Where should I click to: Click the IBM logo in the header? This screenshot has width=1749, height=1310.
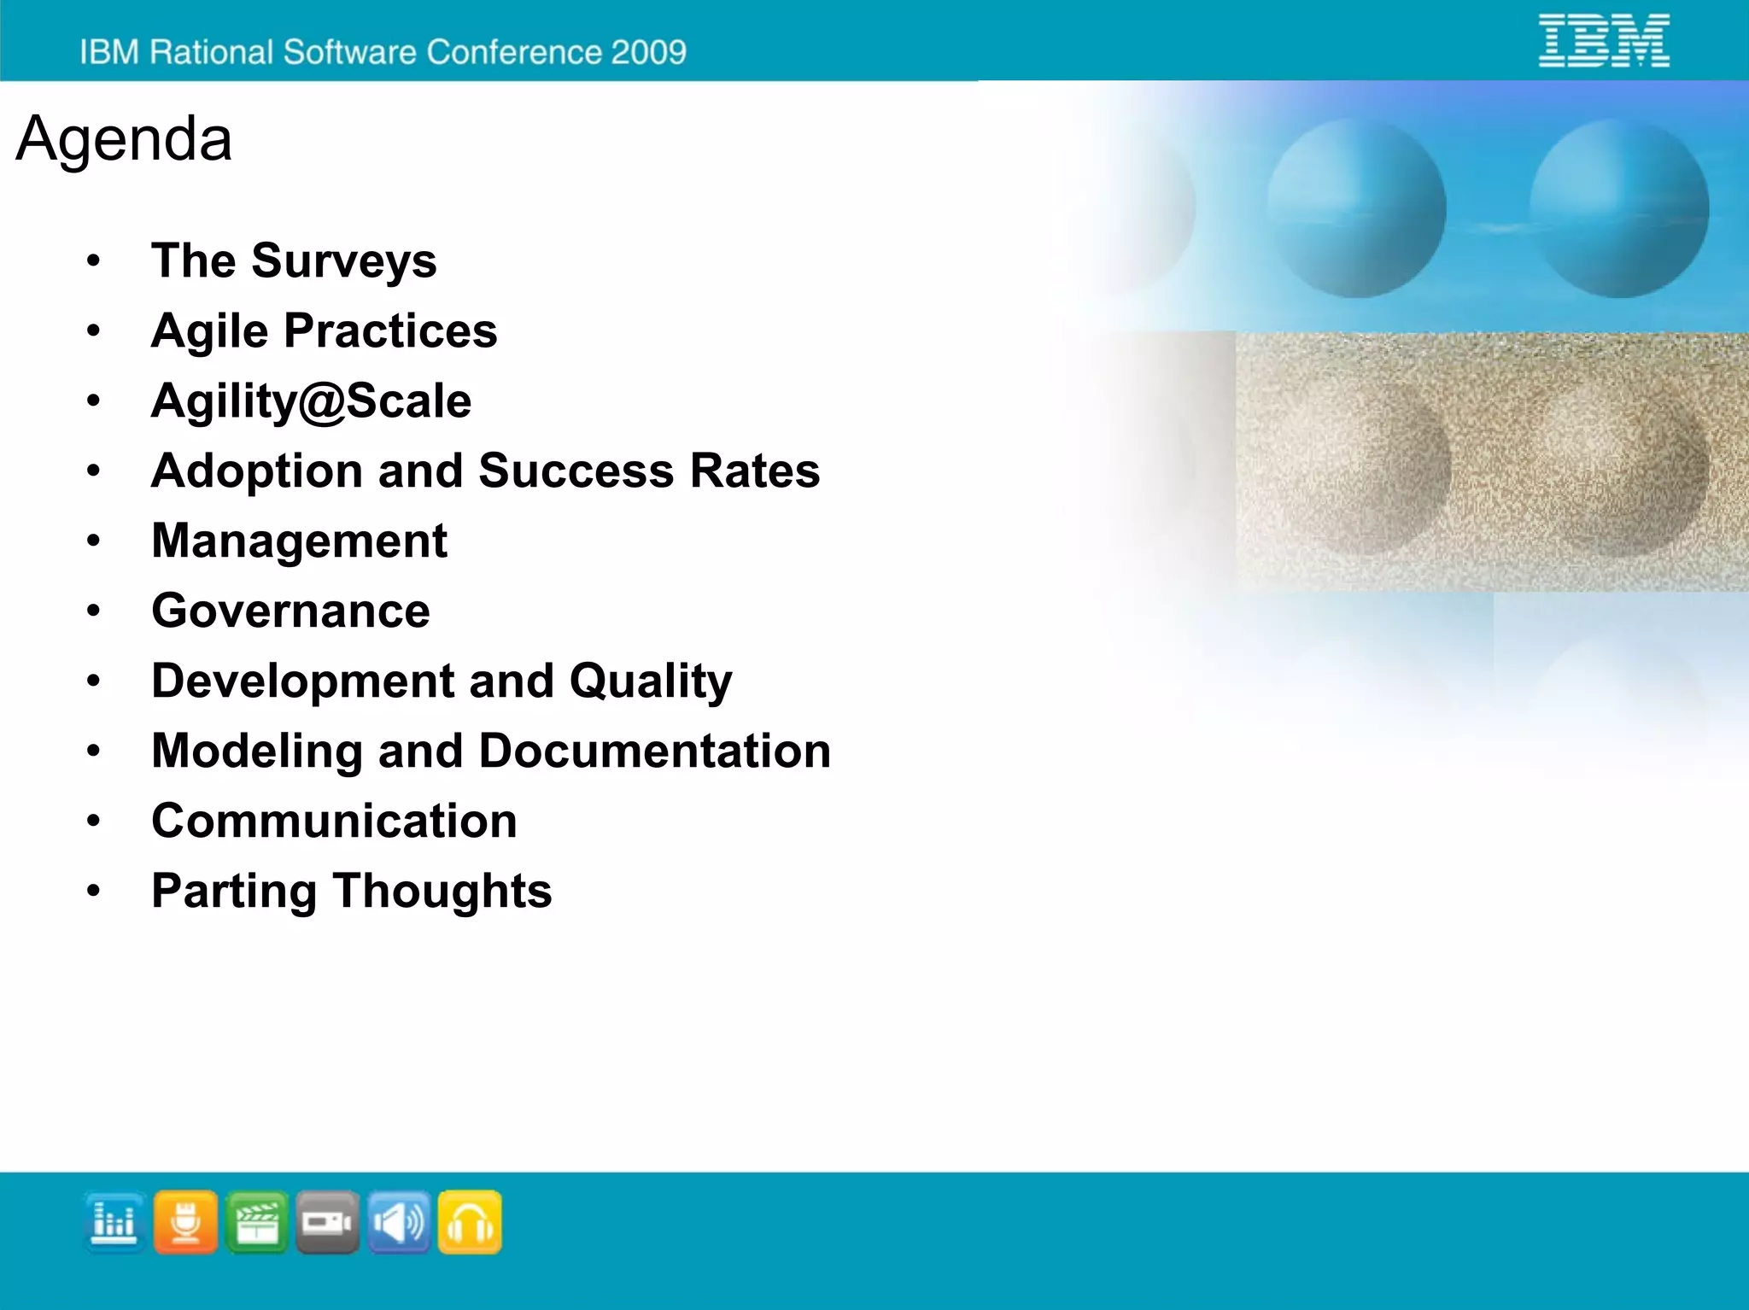pyautogui.click(x=1604, y=40)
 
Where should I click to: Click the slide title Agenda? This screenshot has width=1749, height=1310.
pyautogui.click(x=124, y=138)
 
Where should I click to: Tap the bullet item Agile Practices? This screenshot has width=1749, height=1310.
pyautogui.click(x=324, y=330)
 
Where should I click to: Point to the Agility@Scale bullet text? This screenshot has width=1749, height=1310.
pyautogui.click(x=311, y=401)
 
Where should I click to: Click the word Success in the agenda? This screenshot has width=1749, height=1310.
pyautogui.click(x=576, y=471)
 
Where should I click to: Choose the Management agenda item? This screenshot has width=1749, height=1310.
pyautogui.click(x=299, y=541)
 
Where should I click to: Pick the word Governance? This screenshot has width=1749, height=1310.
pyautogui.click(x=290, y=611)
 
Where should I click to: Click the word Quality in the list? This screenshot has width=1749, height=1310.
pyautogui.click(x=651, y=681)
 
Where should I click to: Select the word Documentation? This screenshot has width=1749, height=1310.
pyautogui.click(x=654, y=751)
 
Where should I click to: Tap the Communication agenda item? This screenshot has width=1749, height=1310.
pyautogui.click(x=334, y=821)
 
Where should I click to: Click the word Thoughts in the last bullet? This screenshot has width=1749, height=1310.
pyautogui.click(x=442, y=891)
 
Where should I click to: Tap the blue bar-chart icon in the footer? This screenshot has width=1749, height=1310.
pyautogui.click(x=114, y=1222)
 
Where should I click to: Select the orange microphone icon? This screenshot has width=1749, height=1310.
pyautogui.click(x=185, y=1222)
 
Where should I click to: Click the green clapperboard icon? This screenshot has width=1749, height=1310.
pyautogui.click(x=256, y=1222)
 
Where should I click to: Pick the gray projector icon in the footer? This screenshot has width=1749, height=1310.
pyautogui.click(x=327, y=1222)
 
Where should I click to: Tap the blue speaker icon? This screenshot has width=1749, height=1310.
pyautogui.click(x=399, y=1222)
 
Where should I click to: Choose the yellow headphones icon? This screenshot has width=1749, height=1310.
pyautogui.click(x=470, y=1222)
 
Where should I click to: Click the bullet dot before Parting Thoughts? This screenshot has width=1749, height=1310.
pyautogui.click(x=93, y=891)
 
